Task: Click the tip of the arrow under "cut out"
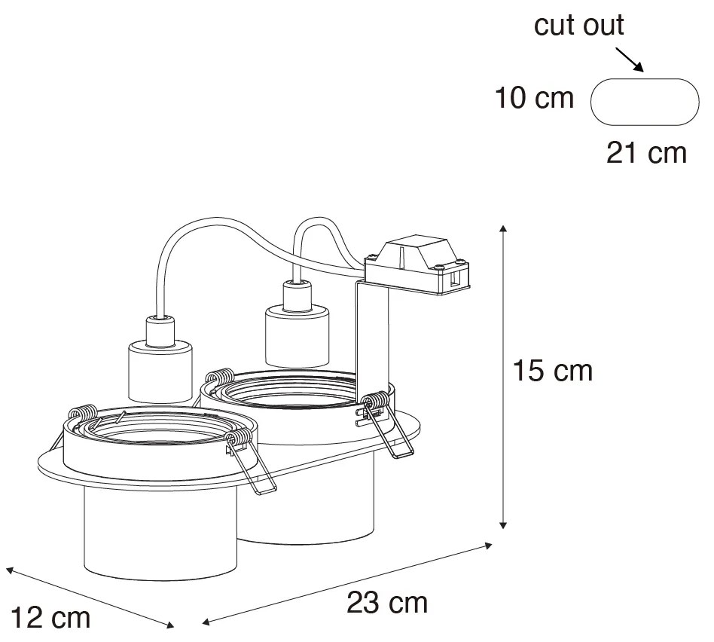643,72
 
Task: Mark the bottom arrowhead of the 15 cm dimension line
502,528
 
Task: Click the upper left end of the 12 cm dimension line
6,568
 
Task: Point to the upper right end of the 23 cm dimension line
493,544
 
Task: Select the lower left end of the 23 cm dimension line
202,622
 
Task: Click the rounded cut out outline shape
645,102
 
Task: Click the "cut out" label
578,25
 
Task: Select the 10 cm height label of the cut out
534,98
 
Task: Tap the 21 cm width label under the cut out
646,153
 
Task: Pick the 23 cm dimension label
387,603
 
